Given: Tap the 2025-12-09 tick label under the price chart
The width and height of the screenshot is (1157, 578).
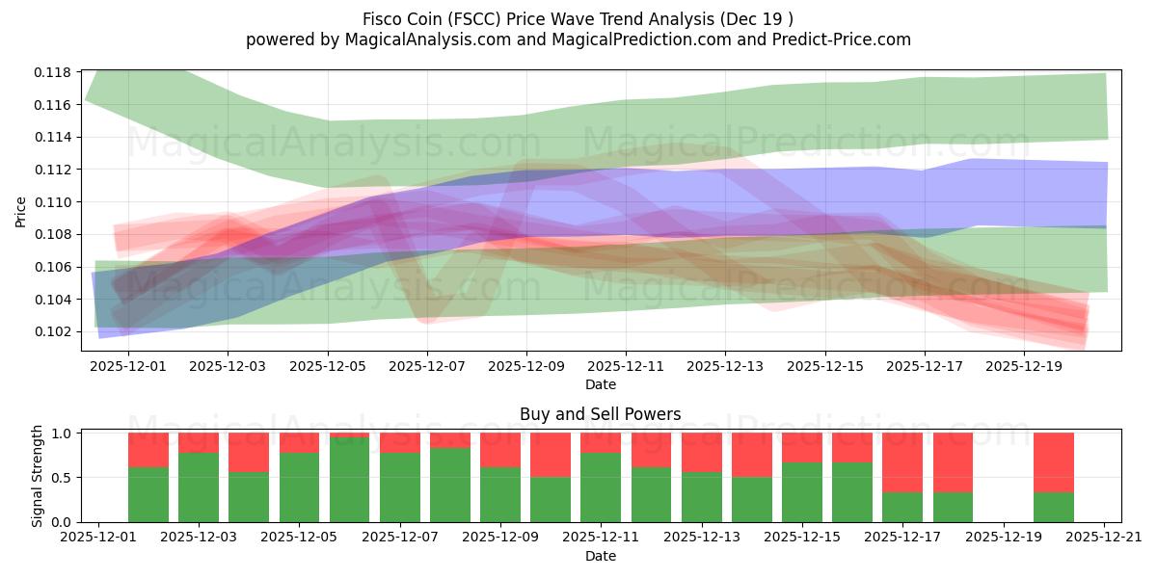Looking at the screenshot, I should pos(526,367).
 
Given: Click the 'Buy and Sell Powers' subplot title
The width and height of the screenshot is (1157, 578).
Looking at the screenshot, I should pos(600,414).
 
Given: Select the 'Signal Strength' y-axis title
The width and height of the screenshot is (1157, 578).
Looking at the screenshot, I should pos(38,476).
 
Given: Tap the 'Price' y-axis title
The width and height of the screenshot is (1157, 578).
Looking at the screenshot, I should pos(21,212).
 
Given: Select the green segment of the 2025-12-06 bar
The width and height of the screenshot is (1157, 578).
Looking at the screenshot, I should pos(349,480).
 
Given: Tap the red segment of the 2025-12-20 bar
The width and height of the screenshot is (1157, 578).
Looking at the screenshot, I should pos(1053,462).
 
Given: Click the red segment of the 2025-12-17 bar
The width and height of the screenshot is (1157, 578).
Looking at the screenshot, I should pos(902,462).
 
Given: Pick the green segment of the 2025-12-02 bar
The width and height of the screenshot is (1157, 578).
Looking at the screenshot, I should pos(148,494).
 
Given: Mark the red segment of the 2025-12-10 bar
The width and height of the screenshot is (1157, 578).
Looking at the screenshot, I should pos(551,455).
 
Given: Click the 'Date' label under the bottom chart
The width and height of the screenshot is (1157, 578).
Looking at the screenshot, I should pos(600,556).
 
